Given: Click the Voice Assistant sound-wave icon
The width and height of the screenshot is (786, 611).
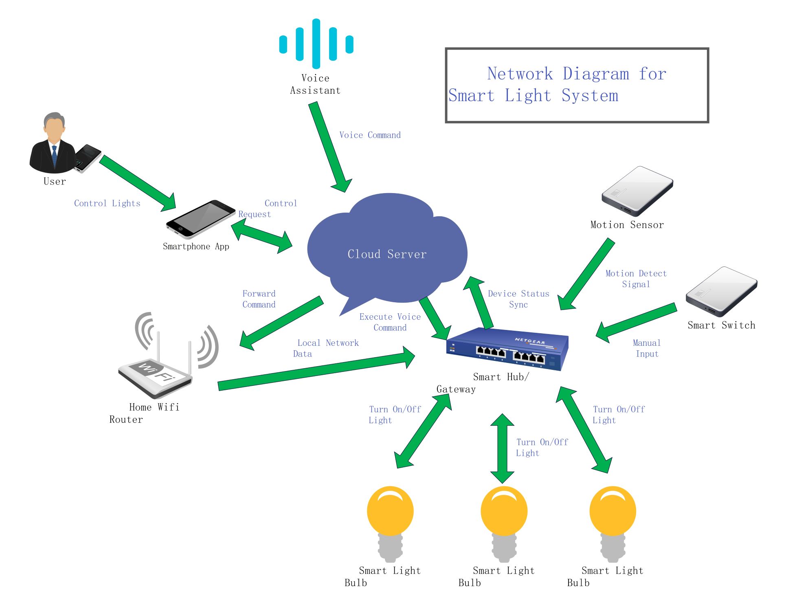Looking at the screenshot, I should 316,44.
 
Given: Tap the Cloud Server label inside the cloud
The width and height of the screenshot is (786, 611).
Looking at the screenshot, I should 387,254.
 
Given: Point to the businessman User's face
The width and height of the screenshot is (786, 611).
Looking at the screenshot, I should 54,130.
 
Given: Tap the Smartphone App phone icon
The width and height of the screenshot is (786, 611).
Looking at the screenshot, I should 201,219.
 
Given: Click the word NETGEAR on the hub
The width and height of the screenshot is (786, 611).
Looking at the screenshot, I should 529,341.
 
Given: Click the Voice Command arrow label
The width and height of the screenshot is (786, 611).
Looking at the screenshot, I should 370,135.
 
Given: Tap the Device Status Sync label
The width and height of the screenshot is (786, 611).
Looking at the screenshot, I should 518,299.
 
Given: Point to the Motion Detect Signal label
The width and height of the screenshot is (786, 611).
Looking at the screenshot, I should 636,279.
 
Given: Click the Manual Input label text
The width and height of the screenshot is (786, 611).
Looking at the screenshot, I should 647,348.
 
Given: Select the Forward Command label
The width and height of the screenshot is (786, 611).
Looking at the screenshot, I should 259,299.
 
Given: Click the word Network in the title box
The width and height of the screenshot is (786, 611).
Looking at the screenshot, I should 520,74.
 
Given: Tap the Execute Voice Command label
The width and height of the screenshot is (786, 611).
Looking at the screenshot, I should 390,322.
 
